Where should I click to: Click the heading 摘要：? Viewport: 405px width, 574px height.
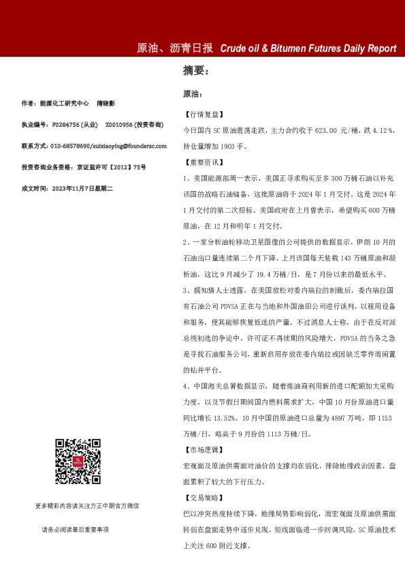click(197, 70)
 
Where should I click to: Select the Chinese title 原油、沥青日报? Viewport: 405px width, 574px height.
click(175, 48)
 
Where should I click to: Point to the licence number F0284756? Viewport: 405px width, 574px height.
click(66, 125)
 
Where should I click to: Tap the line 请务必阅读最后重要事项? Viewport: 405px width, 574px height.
click(75, 529)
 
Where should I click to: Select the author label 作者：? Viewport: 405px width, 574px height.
click(28, 104)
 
